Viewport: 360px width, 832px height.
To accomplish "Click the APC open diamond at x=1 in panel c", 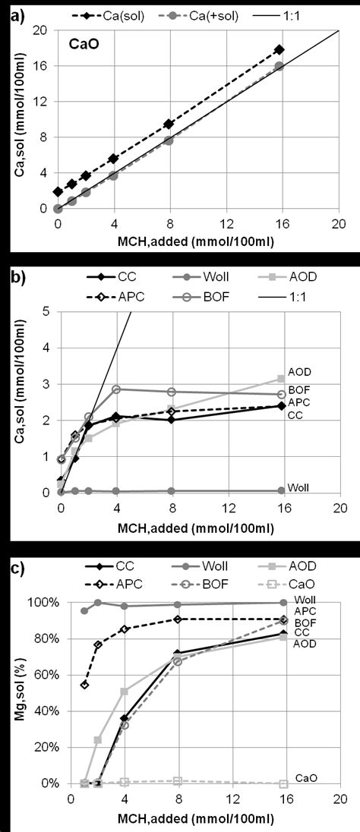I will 85,684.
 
